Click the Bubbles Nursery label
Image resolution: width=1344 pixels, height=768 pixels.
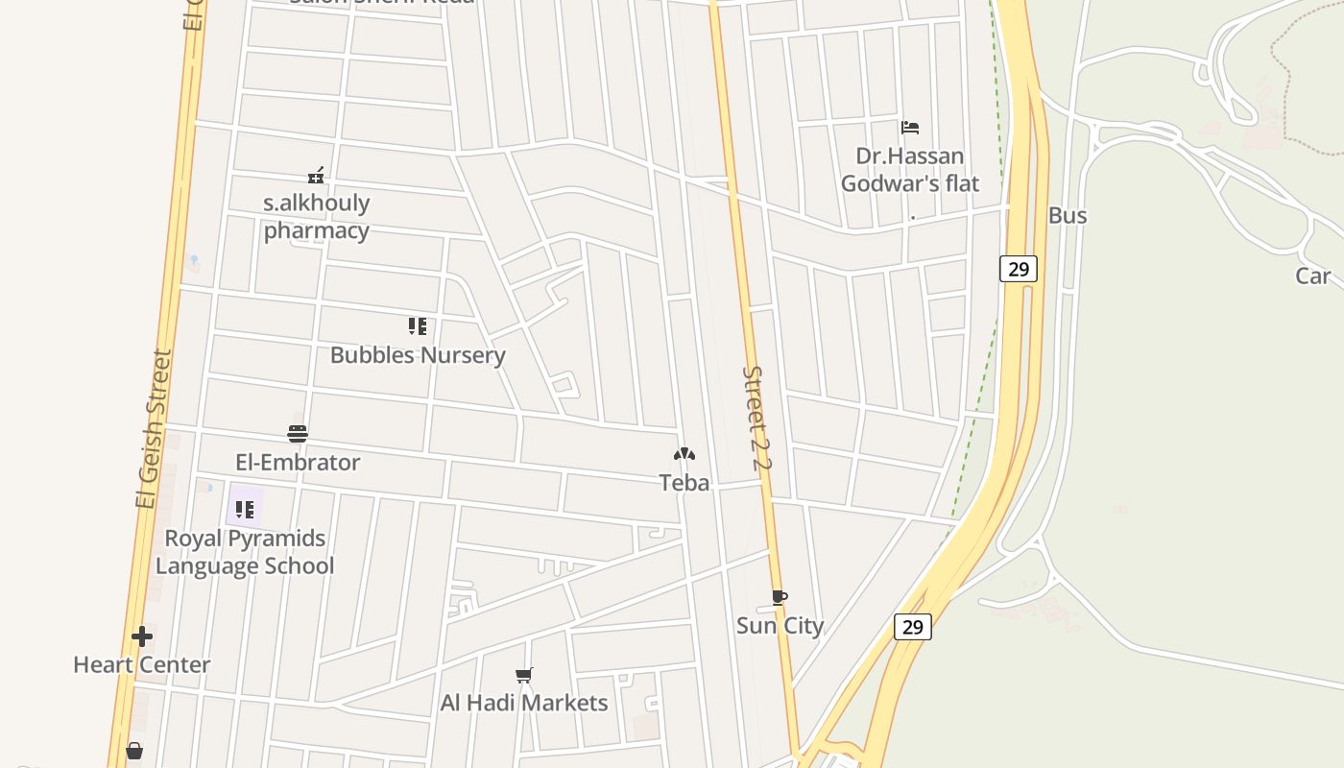418,355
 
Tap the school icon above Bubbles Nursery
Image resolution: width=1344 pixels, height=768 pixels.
417,326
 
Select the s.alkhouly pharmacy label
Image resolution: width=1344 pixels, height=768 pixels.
316,217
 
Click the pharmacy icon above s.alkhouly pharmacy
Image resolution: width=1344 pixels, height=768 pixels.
316,176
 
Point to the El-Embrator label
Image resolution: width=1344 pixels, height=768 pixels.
298,463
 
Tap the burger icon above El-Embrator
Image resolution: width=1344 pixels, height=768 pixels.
298,434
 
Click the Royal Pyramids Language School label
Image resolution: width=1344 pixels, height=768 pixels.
245,552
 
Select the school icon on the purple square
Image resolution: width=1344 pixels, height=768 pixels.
245,509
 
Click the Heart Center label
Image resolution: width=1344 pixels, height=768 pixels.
142,664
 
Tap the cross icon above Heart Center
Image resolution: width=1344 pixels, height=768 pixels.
142,636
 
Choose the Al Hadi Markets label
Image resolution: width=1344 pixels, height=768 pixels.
524,703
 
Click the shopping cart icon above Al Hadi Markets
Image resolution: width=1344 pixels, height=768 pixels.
524,676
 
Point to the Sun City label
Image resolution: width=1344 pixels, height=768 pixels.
780,626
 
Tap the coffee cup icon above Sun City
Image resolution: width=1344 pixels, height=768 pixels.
780,598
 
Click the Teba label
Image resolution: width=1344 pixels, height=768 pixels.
684,483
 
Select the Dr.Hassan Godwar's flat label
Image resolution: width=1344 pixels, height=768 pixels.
910,169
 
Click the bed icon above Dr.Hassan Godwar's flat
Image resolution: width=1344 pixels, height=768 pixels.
910,127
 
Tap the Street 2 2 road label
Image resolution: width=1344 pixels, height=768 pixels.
757,419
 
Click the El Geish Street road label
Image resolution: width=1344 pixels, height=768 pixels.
154,428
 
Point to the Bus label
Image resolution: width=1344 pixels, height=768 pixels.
1068,215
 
